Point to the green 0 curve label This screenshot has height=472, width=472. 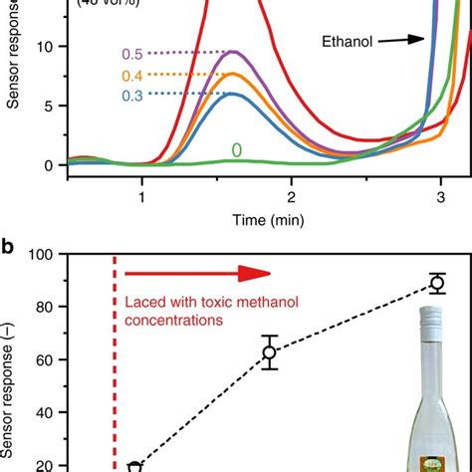[237, 151]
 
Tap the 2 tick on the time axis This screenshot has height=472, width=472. [291, 196]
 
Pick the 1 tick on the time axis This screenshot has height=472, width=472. [141, 196]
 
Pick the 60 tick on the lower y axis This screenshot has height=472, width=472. [43, 359]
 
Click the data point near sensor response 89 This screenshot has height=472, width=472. [436, 283]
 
